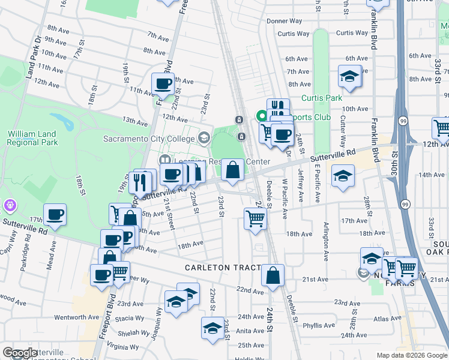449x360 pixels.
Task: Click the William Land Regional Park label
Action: click(x=32, y=138)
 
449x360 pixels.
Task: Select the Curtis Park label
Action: click(x=321, y=98)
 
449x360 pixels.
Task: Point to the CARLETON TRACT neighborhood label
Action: click(x=223, y=268)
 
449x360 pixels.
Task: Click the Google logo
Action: click(x=20, y=353)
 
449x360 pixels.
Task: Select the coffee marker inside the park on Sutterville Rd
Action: click(x=55, y=214)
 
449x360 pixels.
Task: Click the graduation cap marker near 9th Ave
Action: click(x=349, y=76)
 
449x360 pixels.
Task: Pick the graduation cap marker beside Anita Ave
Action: click(x=212, y=328)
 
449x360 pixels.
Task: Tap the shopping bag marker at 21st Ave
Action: click(x=273, y=275)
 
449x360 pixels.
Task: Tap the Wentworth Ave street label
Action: click(x=76, y=317)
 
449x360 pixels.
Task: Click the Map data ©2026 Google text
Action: click(x=411, y=355)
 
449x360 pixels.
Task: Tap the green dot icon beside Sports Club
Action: click(x=261, y=116)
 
